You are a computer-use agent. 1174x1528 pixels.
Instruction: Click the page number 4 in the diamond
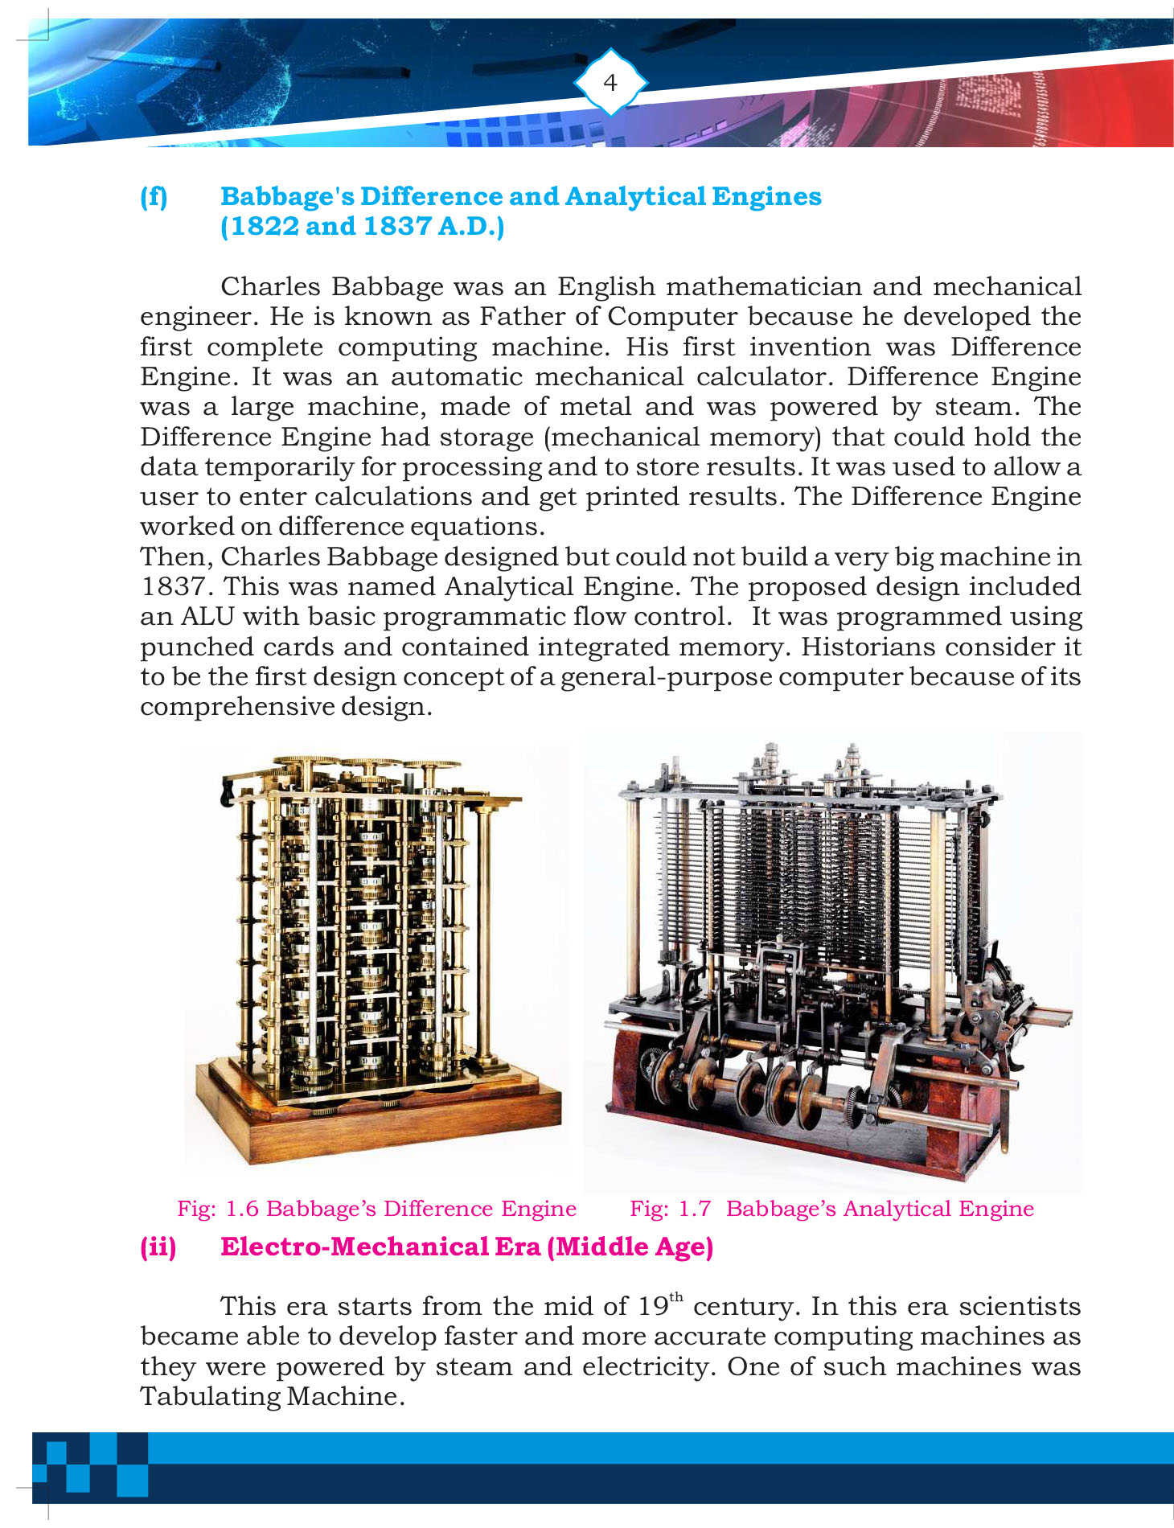click(610, 82)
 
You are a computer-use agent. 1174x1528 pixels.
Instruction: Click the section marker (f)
click(154, 197)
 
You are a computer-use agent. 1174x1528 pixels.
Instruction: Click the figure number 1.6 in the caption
click(242, 1209)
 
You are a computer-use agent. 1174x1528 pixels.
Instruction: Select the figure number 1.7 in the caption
click(695, 1209)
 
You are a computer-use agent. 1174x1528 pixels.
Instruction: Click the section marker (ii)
click(158, 1247)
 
